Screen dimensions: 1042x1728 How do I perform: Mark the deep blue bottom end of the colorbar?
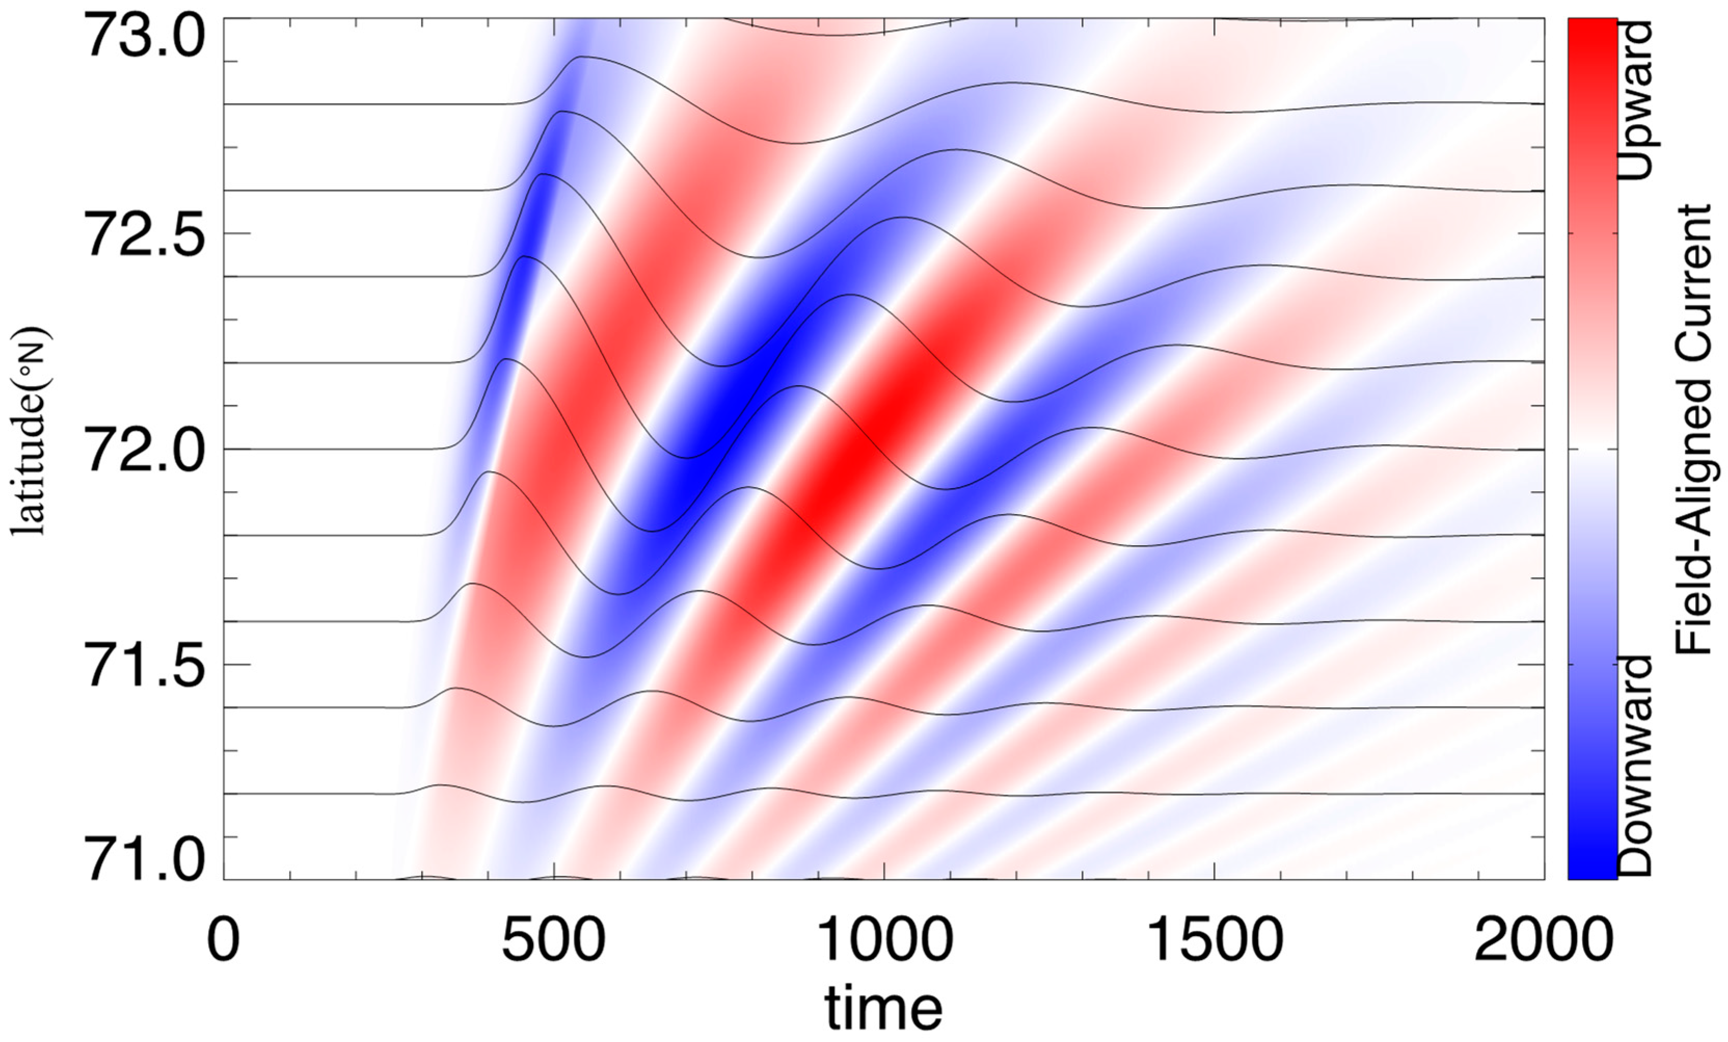coord(1592,870)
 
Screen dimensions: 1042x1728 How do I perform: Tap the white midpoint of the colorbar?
coord(1592,449)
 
